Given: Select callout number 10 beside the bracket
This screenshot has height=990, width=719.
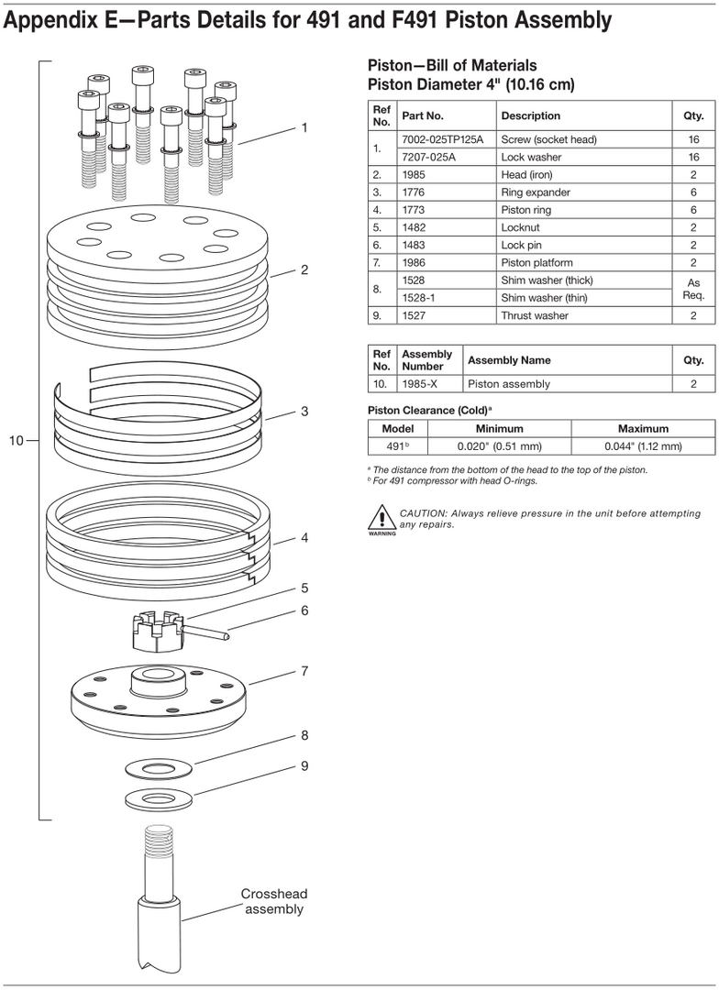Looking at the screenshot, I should click(17, 441).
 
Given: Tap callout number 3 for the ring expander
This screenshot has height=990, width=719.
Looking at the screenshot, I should click(304, 412).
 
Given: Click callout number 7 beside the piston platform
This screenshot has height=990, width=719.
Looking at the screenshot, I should click(304, 671).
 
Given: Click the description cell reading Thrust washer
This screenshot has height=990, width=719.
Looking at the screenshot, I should click(535, 315).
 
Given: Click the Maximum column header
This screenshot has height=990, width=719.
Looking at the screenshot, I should click(642, 428).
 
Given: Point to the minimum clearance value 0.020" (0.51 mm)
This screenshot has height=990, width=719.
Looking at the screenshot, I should click(500, 446).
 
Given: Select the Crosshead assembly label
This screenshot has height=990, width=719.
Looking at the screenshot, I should click(273, 901).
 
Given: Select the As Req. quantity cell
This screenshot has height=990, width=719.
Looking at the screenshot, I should click(692, 289).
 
